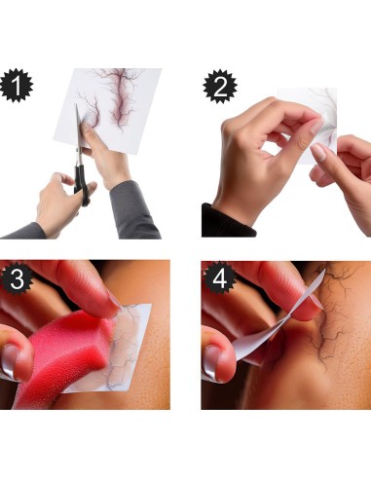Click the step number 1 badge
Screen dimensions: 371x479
pos(17,86)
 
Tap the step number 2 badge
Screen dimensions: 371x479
pos(220,87)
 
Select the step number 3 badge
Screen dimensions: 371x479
pos(17,278)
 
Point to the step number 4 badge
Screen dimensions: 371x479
pos(219,277)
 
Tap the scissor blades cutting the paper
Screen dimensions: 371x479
pos(78,133)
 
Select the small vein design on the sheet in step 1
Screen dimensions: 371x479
pos(89,107)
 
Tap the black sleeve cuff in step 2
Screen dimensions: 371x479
pos(227,222)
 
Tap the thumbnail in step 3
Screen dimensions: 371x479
pos(10,360)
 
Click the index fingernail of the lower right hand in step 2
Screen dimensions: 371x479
pos(318,153)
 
